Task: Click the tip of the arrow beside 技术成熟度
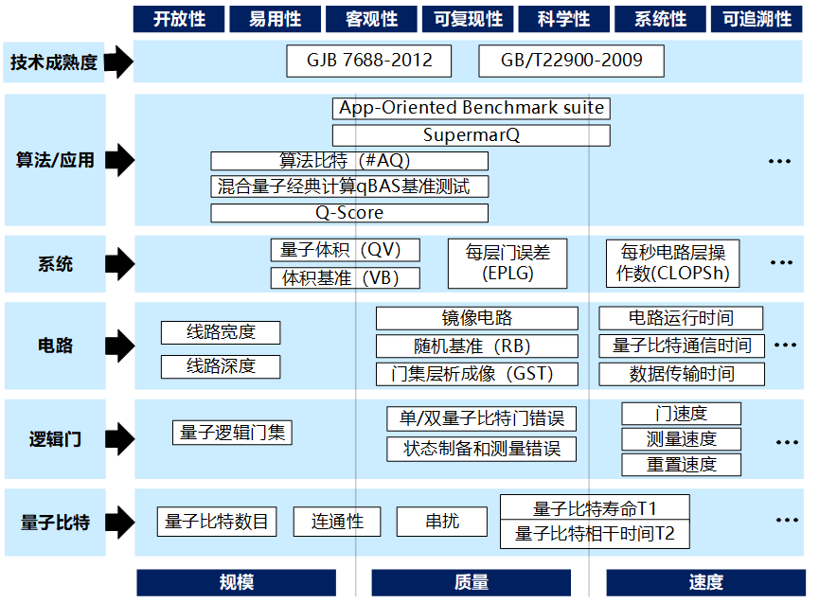point(134,62)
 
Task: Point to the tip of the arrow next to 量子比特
point(134,523)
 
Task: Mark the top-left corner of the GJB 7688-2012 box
point(287,45)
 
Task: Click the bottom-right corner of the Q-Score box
point(489,222)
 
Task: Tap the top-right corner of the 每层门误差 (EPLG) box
point(567,239)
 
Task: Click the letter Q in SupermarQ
point(513,135)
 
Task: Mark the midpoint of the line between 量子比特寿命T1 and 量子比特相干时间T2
point(595,520)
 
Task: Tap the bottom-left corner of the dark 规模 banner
point(137,595)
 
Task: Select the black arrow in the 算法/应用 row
point(120,160)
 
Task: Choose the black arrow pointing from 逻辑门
point(120,439)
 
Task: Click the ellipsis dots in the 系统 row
point(781,262)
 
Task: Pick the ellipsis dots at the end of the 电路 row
point(785,346)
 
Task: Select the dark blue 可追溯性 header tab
point(757,19)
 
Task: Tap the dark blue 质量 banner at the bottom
point(472,582)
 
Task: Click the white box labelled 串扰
point(442,522)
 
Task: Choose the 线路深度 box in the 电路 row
point(221,366)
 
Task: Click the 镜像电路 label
point(477,318)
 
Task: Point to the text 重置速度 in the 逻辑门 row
point(681,465)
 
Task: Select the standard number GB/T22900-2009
point(572,61)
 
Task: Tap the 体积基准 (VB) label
point(341,278)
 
